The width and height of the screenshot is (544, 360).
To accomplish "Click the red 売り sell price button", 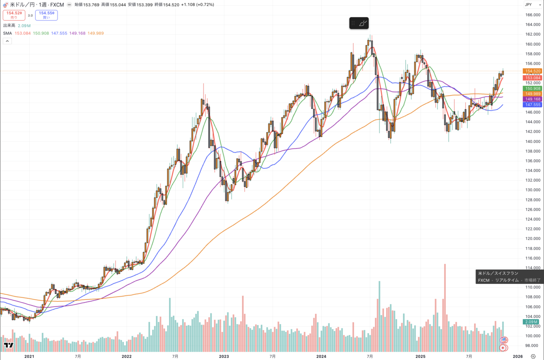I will click(x=14, y=15).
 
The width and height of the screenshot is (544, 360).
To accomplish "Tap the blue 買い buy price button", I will click(x=47, y=15).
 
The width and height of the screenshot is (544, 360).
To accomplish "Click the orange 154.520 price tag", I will click(x=532, y=71).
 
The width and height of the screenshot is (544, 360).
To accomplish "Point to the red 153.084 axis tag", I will click(x=532, y=78).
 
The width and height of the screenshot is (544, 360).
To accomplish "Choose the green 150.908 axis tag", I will click(x=532, y=88).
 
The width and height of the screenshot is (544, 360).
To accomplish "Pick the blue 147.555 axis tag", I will click(x=532, y=105).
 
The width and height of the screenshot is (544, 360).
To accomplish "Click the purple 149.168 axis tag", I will click(x=532, y=99).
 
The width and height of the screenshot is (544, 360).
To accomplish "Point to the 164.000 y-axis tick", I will click(x=532, y=15).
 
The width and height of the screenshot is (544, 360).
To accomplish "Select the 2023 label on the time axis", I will click(x=224, y=357).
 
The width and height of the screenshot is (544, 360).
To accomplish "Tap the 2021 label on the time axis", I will click(x=29, y=357).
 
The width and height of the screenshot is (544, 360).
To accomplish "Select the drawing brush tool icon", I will click(x=362, y=23).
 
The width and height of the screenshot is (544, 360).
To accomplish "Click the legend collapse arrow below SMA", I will click(x=7, y=41).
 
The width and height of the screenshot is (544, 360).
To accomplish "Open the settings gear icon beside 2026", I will click(x=533, y=357).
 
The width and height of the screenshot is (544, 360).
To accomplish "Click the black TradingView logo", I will click(x=9, y=345).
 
